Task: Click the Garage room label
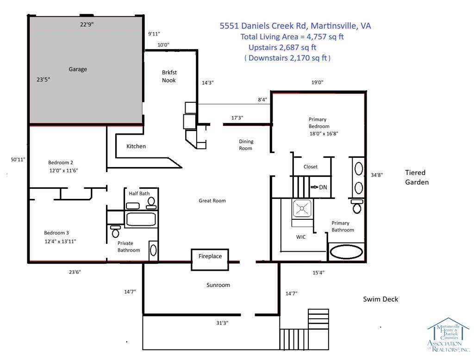coord(78,69)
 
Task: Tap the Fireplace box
coord(210,259)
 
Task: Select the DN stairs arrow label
coord(319,187)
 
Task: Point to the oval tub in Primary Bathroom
coord(346,252)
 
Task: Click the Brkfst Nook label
coord(169,76)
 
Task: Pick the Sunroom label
coord(218,285)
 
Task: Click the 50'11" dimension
coord(18,159)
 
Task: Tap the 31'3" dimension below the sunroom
coord(222,323)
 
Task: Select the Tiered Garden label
coord(417,177)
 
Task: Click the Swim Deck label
coord(380,299)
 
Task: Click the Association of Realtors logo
coord(449,335)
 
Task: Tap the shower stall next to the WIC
coord(302,209)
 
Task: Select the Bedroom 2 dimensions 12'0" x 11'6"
coord(63,170)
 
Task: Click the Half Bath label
coord(139,193)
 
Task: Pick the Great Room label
coord(212,201)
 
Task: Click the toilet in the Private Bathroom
coord(115,231)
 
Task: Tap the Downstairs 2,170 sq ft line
coord(287,58)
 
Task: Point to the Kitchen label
coord(136,146)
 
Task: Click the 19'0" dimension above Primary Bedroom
coord(317,82)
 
